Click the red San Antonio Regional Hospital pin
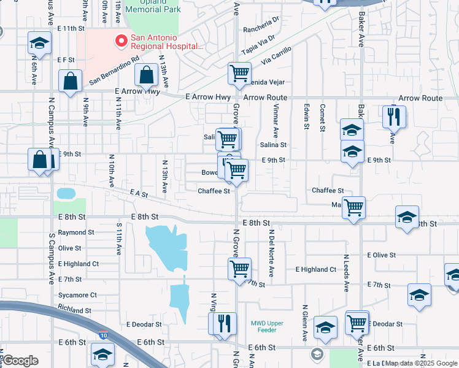click(x=121, y=42)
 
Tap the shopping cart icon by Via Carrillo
click(x=239, y=73)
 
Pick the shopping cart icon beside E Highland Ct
click(x=239, y=268)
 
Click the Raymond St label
click(x=76, y=233)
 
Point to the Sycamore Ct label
click(x=77, y=295)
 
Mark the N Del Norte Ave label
click(x=271, y=246)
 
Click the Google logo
click(x=20, y=361)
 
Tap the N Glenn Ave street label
click(x=305, y=323)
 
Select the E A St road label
click(x=139, y=194)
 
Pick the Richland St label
click(x=75, y=311)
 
